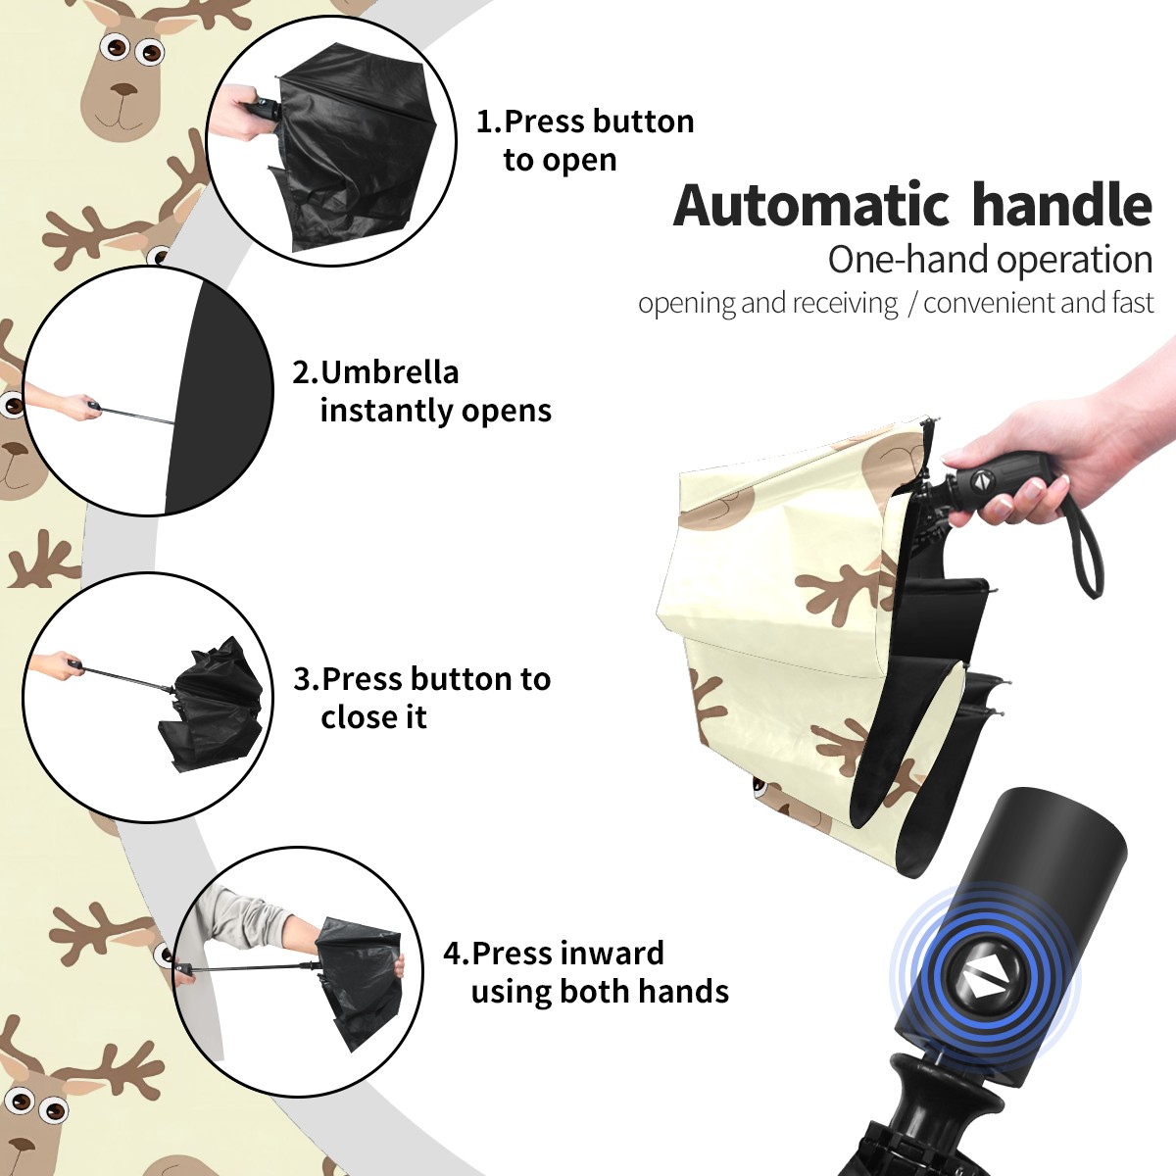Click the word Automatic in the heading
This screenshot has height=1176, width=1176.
(811, 205)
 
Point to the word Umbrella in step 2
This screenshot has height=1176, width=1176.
(389, 372)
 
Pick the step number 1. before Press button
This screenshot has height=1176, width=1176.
(488, 122)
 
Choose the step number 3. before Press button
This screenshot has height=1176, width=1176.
(307, 679)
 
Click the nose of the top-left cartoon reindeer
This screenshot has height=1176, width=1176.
(126, 90)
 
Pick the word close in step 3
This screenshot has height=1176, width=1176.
(357, 716)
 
